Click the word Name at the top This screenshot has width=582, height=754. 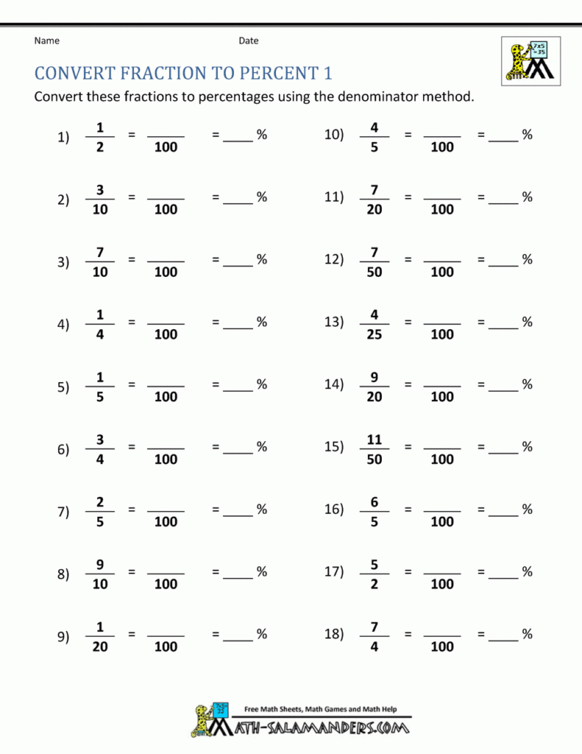pyautogui.click(x=46, y=40)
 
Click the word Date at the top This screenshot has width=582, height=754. pyautogui.click(x=248, y=40)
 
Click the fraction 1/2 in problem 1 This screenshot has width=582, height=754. pyautogui.click(x=100, y=137)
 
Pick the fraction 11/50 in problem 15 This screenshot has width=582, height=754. pyautogui.click(x=374, y=449)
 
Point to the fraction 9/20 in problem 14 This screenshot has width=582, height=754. pyautogui.click(x=374, y=387)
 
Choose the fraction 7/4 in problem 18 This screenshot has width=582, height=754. pyautogui.click(x=374, y=636)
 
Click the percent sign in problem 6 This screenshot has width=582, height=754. pyautogui.click(x=261, y=446)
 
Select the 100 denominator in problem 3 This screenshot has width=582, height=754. pyautogui.click(x=166, y=272)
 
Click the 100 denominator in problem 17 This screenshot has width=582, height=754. pyautogui.click(x=442, y=585)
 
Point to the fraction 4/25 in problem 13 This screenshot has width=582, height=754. pyautogui.click(x=374, y=324)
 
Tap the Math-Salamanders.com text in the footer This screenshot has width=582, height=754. pyautogui.click(x=321, y=728)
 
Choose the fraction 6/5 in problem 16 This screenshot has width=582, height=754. pyautogui.click(x=374, y=512)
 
